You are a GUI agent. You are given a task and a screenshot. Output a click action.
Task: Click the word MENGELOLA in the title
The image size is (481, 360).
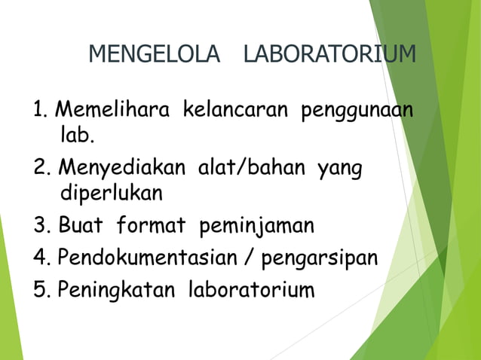pyautogui.click(x=155, y=54)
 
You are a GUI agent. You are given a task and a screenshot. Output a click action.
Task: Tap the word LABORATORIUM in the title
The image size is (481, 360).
pyautogui.click(x=329, y=54)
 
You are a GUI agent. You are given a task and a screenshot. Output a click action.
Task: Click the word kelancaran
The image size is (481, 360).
pyautogui.click(x=235, y=110)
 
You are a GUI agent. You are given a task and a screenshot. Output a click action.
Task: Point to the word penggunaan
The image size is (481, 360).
pyautogui.click(x=357, y=110)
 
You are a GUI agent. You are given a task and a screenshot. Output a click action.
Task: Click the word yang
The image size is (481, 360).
pyautogui.click(x=340, y=168)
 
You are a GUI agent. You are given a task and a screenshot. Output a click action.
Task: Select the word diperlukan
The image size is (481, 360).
pyautogui.click(x=111, y=193)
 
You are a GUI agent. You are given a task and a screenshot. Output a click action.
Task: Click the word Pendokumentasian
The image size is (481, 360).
pyautogui.click(x=150, y=258)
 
